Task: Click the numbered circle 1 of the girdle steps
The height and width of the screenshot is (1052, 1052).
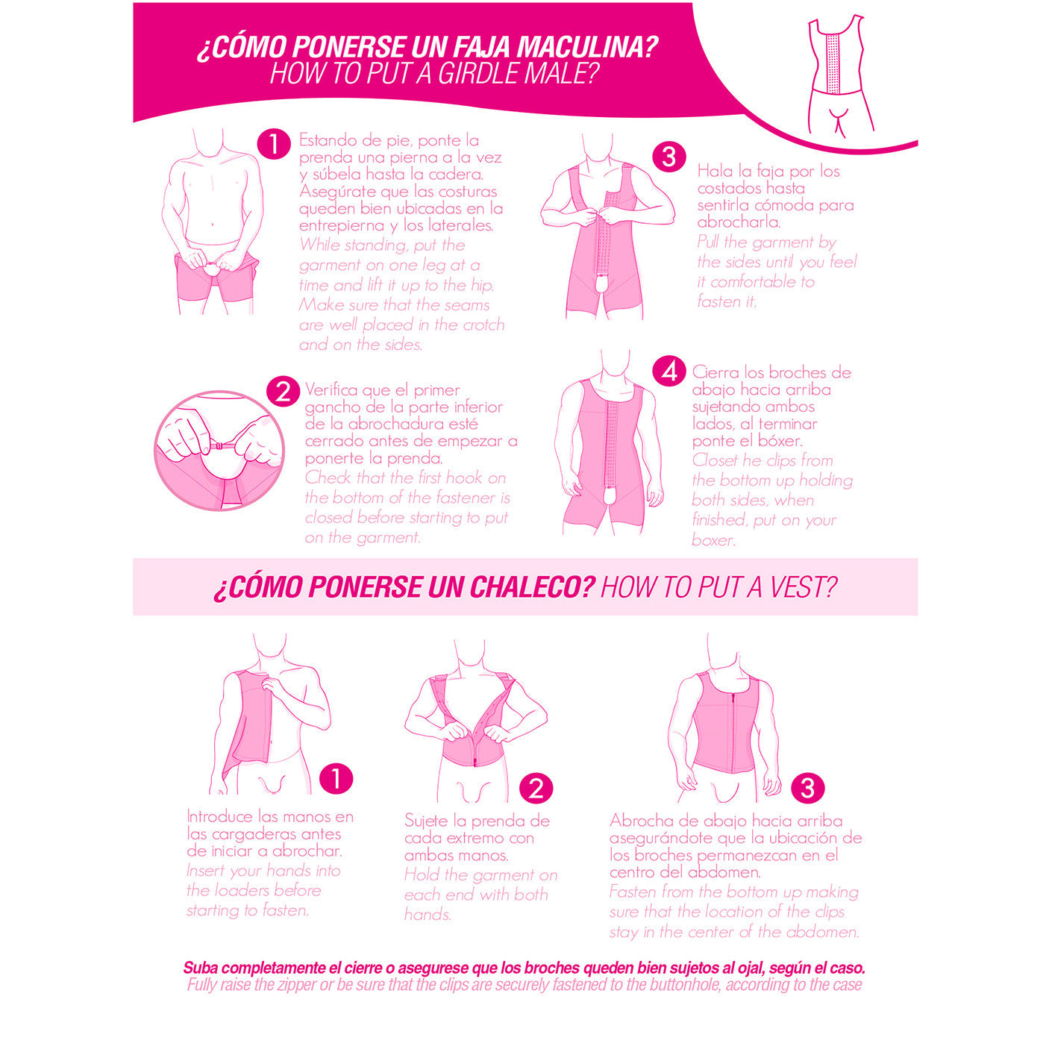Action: click(x=274, y=144)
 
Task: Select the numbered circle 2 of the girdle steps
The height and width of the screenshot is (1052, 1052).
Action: click(x=283, y=392)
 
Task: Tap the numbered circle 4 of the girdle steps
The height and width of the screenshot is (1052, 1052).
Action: click(x=669, y=372)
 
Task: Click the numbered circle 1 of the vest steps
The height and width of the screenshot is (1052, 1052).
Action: click(x=336, y=778)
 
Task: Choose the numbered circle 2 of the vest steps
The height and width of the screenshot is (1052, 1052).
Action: click(x=536, y=789)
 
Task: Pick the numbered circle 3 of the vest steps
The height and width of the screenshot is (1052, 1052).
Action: click(x=807, y=788)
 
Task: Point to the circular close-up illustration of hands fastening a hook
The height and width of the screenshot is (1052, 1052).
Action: click(x=219, y=451)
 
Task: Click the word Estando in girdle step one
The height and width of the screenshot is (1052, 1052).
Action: click(x=328, y=140)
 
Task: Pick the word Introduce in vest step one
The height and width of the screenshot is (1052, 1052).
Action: click(x=220, y=817)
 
